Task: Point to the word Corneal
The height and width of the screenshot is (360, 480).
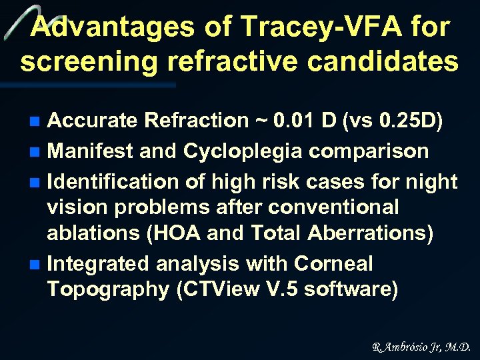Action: coord(334,264)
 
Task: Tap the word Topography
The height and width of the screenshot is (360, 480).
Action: coord(98,290)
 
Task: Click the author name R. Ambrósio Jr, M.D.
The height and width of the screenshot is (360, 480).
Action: coord(421,347)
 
